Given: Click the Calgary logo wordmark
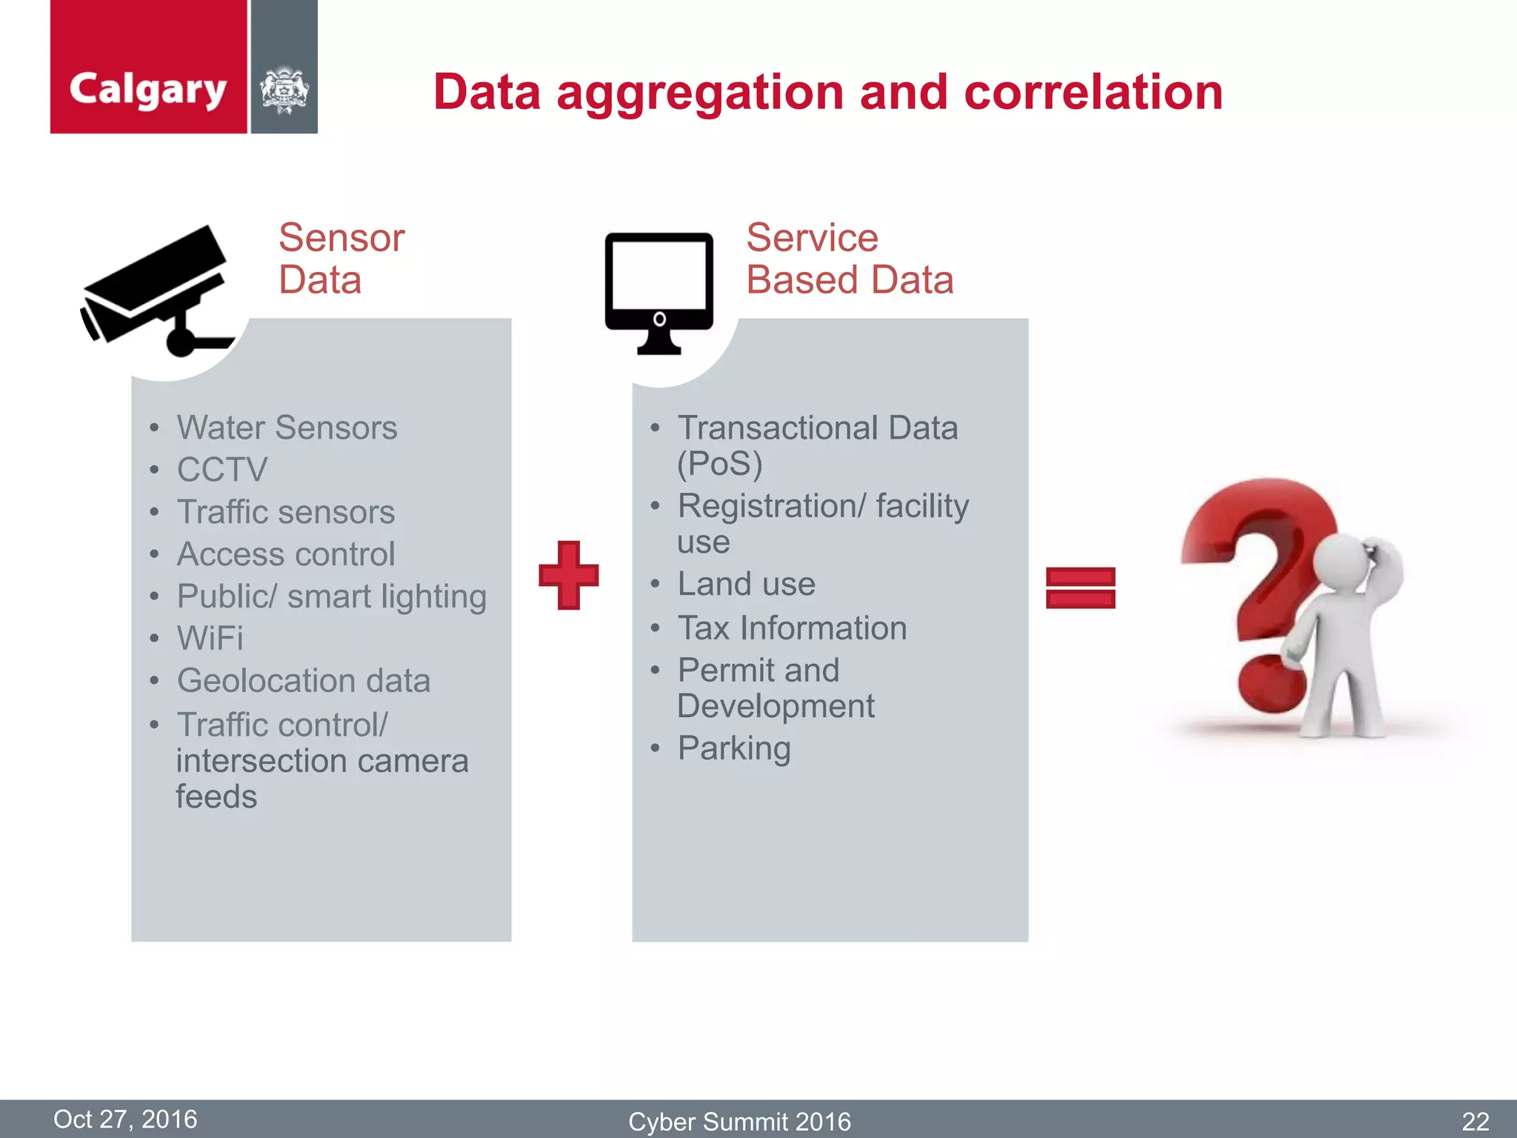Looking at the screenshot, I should tap(147, 90).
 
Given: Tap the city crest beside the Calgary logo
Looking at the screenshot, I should tap(284, 90).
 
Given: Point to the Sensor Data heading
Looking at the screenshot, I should tap(341, 259).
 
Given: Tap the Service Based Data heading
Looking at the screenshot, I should tap(849, 259).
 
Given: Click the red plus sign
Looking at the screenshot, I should tap(568, 575).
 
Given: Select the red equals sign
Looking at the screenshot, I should tap(1080, 588).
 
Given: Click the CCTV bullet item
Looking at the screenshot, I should tap(222, 470).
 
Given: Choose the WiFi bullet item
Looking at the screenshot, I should tap(210, 638).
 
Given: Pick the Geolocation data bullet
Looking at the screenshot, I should tap(304, 680).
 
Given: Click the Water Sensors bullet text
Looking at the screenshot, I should tap(287, 427).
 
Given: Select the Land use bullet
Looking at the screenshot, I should tap(746, 584).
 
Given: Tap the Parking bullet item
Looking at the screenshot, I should tap(734, 748).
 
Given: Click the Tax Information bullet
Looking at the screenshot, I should tap(792, 628).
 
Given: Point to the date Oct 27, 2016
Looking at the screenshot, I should tap(125, 1119).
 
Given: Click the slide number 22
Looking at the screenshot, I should tap(1475, 1121).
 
